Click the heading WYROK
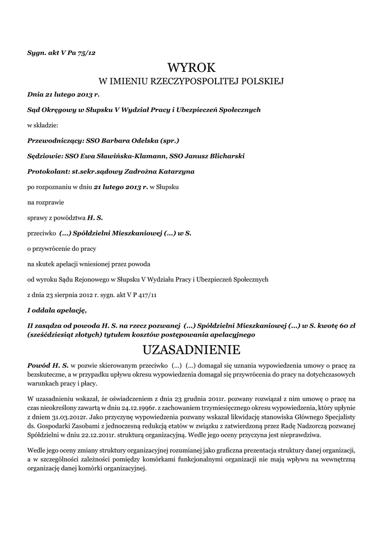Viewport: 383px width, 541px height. (191, 68)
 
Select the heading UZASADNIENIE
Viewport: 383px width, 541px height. (191, 350)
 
